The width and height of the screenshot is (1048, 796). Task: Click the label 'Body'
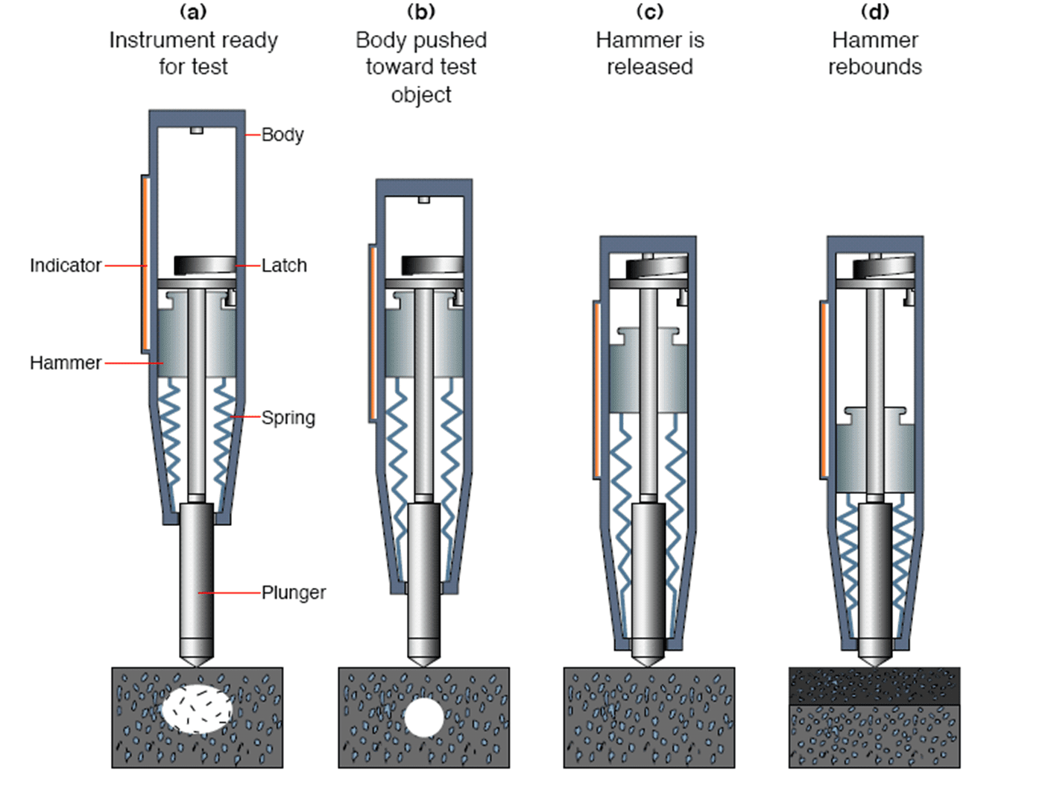pyautogui.click(x=282, y=135)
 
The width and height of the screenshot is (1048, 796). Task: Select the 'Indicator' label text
pyautogui.click(x=66, y=266)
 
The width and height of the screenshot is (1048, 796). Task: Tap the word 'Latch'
pyautogui.click(x=284, y=266)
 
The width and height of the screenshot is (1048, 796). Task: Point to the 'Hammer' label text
pyautogui.click(x=66, y=363)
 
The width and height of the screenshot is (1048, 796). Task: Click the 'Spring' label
pyautogui.click(x=288, y=418)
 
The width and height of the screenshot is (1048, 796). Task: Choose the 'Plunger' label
pyautogui.click(x=294, y=593)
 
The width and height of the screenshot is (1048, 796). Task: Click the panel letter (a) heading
pyautogui.click(x=193, y=12)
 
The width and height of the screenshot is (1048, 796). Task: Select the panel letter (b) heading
pyautogui.click(x=421, y=12)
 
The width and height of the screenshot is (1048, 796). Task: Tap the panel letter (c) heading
pyautogui.click(x=649, y=12)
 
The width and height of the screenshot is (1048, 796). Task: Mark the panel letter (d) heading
pyautogui.click(x=874, y=12)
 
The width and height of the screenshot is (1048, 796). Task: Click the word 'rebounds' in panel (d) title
pyautogui.click(x=874, y=67)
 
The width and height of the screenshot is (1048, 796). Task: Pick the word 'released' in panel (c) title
pyautogui.click(x=649, y=67)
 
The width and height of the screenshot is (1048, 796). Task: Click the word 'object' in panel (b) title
pyautogui.click(x=421, y=95)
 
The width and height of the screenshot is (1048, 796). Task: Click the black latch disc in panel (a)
pyautogui.click(x=205, y=265)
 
